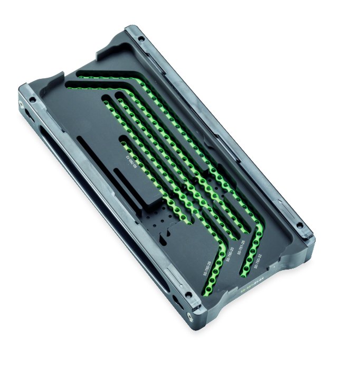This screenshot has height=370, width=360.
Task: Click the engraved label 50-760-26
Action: tap(207, 265)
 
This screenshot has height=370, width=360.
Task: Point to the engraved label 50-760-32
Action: tap(258, 262)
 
